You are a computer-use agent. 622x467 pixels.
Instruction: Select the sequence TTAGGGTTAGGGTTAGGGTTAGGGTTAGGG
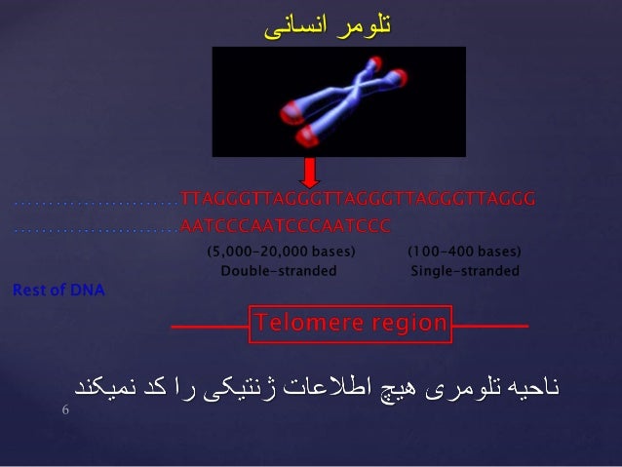pyautogui.click(x=358, y=200)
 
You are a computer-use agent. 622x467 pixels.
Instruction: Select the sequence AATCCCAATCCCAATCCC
pyautogui.click(x=286, y=226)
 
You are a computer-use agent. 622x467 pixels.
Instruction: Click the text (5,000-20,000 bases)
pyautogui.click(x=280, y=252)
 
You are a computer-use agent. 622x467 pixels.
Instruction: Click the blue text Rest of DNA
pyautogui.click(x=58, y=290)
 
